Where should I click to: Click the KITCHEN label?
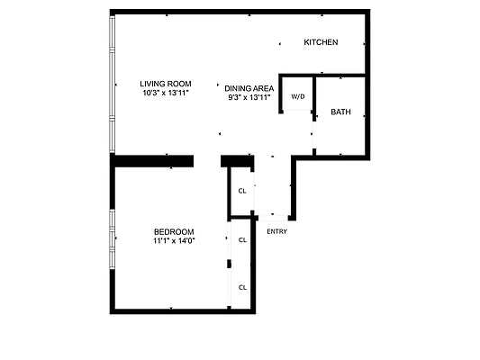321,42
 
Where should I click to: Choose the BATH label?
341,112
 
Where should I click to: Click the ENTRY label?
277,231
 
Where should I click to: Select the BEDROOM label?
173,231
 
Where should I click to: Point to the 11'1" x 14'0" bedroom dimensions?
174,240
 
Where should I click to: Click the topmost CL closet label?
242,191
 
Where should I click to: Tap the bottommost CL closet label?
242,287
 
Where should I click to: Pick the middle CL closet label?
242,240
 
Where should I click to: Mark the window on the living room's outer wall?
112,85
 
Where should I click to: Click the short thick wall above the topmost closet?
236,161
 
